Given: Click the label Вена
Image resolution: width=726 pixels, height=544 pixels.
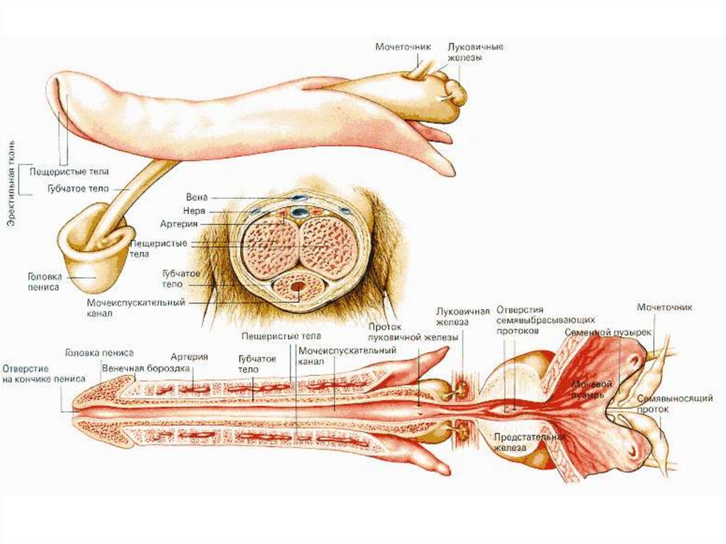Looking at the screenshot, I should [196, 196].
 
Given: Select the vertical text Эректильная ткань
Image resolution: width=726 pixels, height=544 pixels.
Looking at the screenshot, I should [14, 184].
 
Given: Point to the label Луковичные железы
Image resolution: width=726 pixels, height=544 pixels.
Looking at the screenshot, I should [466, 52].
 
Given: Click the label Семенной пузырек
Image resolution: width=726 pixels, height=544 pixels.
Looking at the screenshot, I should [597, 332].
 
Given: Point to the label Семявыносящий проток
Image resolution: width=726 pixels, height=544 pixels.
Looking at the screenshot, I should [664, 404].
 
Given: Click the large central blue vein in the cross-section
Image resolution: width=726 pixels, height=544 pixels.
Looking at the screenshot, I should [301, 211].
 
